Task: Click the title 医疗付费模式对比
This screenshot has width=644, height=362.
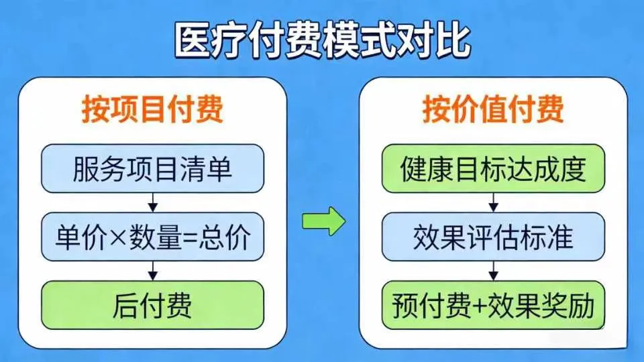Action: click(322, 42)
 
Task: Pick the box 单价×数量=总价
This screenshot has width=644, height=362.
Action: click(152, 237)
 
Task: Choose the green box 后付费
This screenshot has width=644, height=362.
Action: click(152, 306)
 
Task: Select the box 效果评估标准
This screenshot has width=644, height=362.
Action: click(493, 237)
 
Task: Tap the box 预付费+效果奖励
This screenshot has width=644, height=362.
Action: click(493, 306)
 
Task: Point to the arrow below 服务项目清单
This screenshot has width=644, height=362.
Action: click(153, 202)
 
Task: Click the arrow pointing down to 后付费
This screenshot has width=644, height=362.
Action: click(153, 270)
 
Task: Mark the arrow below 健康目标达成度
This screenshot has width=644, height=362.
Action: click(494, 202)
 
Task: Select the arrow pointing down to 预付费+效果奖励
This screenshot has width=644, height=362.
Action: click(494, 270)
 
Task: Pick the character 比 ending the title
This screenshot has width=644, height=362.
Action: click(453, 42)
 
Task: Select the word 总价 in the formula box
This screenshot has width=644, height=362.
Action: click(232, 237)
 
